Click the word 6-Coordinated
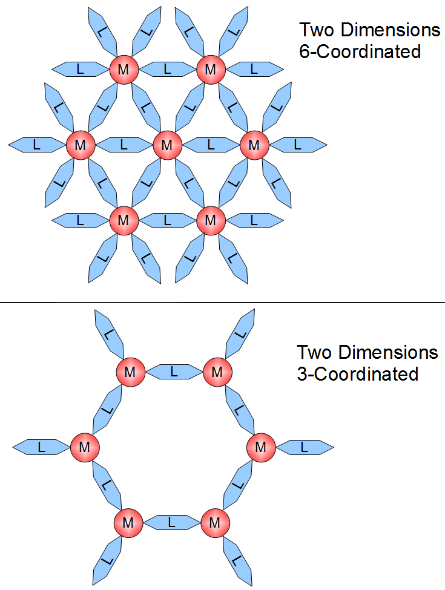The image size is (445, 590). click(360, 52)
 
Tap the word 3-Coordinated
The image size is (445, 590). click(357, 375)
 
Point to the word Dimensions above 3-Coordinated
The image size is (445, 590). click(390, 352)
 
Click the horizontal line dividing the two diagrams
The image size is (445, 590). click(222, 301)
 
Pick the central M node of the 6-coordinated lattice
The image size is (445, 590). click(167, 145)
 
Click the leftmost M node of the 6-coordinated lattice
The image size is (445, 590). click(80, 145)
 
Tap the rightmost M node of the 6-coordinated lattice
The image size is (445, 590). click(254, 145)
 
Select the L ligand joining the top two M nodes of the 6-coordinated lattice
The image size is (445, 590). click(167, 70)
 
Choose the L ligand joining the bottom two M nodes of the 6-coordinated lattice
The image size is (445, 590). click(167, 220)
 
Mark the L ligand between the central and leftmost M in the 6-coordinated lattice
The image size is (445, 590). click(124, 145)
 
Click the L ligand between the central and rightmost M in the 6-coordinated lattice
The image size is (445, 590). click(211, 145)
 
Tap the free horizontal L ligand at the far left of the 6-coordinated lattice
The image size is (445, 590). click(36, 145)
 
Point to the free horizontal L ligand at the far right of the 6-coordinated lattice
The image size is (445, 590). click(297, 145)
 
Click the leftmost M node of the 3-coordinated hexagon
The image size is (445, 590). click(84, 448)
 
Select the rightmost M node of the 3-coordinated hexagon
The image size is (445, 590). click(261, 448)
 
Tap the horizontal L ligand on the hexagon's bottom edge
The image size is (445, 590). click(171, 522)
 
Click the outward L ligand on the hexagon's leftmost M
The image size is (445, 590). click(41, 448)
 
